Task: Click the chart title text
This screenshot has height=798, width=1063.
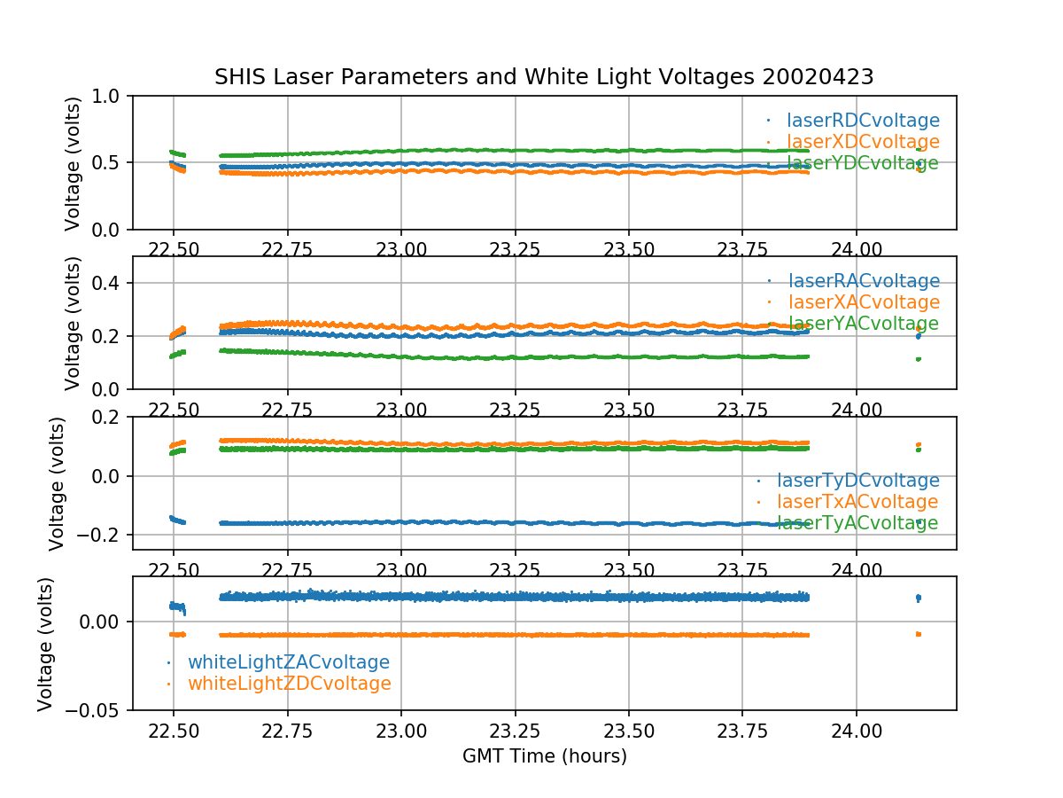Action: (544, 77)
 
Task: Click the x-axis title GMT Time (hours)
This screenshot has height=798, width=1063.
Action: (545, 756)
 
